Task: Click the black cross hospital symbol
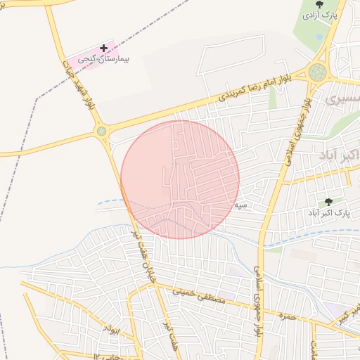pos(104,49)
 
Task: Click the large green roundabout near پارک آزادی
pos(318,72)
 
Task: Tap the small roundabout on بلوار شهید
pos(101,131)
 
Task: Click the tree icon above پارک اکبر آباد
pos(328,202)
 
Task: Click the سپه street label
pos(241,205)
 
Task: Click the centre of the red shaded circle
pos(180,179)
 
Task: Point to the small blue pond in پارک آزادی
pos(319,37)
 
